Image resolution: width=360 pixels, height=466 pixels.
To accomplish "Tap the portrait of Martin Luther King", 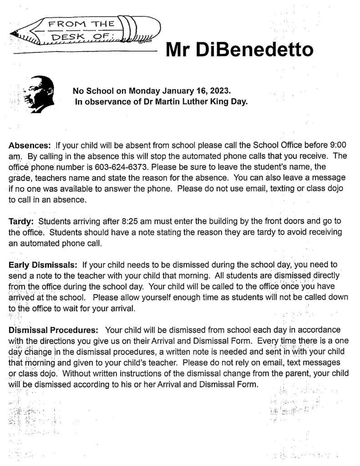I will [39, 94].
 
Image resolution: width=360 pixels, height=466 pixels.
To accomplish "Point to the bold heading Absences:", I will [30, 146].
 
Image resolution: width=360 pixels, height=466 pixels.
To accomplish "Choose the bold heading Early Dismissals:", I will [44, 264].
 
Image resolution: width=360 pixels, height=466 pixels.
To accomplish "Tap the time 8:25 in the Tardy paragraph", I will [132, 222].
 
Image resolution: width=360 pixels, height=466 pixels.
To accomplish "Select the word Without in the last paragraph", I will [77, 373].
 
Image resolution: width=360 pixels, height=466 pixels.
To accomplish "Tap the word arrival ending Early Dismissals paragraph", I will [122, 308].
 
